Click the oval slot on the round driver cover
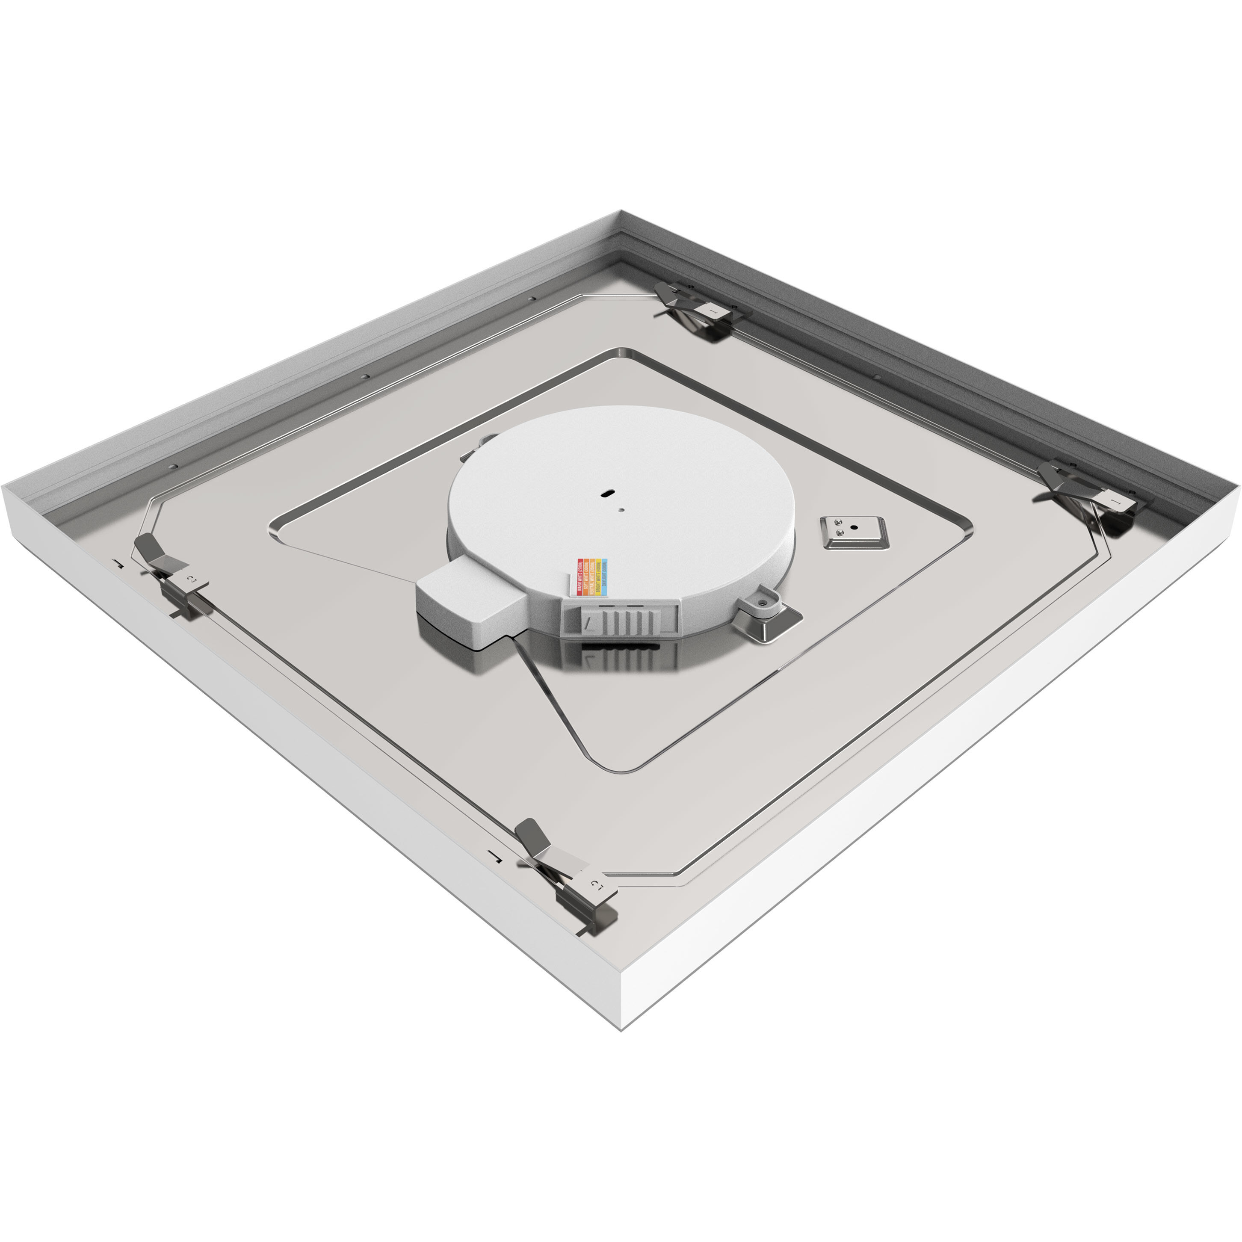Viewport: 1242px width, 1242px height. (606, 493)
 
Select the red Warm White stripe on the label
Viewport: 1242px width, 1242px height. (580, 571)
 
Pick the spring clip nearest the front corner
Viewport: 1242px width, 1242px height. (566, 878)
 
